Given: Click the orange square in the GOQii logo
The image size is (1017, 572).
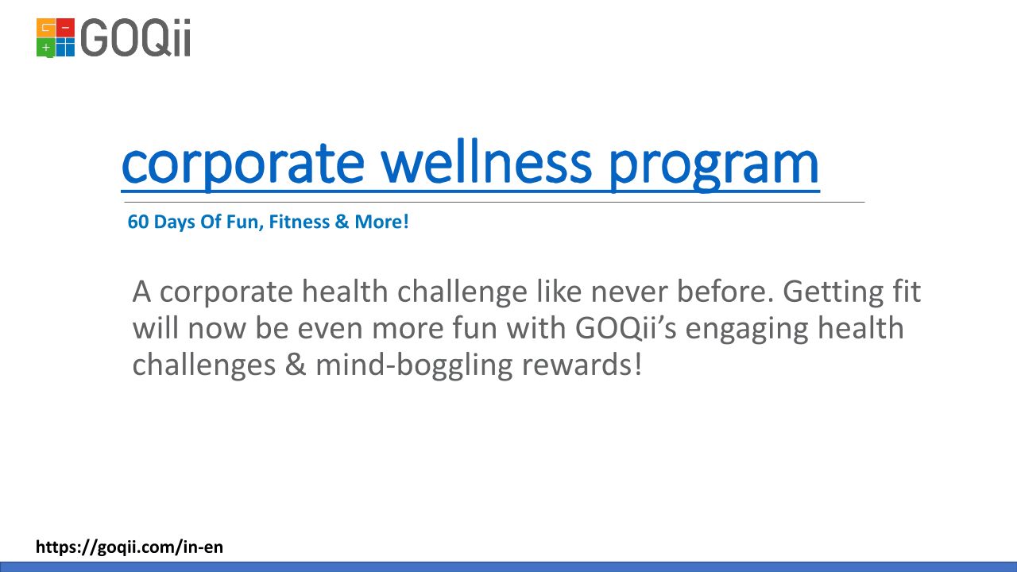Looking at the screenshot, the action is click(46, 28).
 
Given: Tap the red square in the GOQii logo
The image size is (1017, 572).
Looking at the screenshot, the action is click(65, 28).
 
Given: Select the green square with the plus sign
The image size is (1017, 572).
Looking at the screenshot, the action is click(46, 48).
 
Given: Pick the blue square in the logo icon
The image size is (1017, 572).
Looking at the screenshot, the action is click(65, 47).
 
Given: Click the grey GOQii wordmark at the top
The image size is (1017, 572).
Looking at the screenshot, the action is click(136, 37).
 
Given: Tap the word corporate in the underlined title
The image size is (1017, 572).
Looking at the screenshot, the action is click(243, 167).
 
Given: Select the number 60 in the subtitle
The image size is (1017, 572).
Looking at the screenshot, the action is click(138, 222).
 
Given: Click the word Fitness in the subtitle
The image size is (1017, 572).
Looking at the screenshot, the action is click(300, 222).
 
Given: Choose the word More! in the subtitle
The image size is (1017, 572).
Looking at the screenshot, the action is click(381, 222).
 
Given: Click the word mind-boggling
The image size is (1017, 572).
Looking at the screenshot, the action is click(414, 366).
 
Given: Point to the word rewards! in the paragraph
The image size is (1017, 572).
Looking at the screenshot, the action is click(582, 365).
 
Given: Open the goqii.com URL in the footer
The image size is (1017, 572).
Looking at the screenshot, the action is click(130, 547).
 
